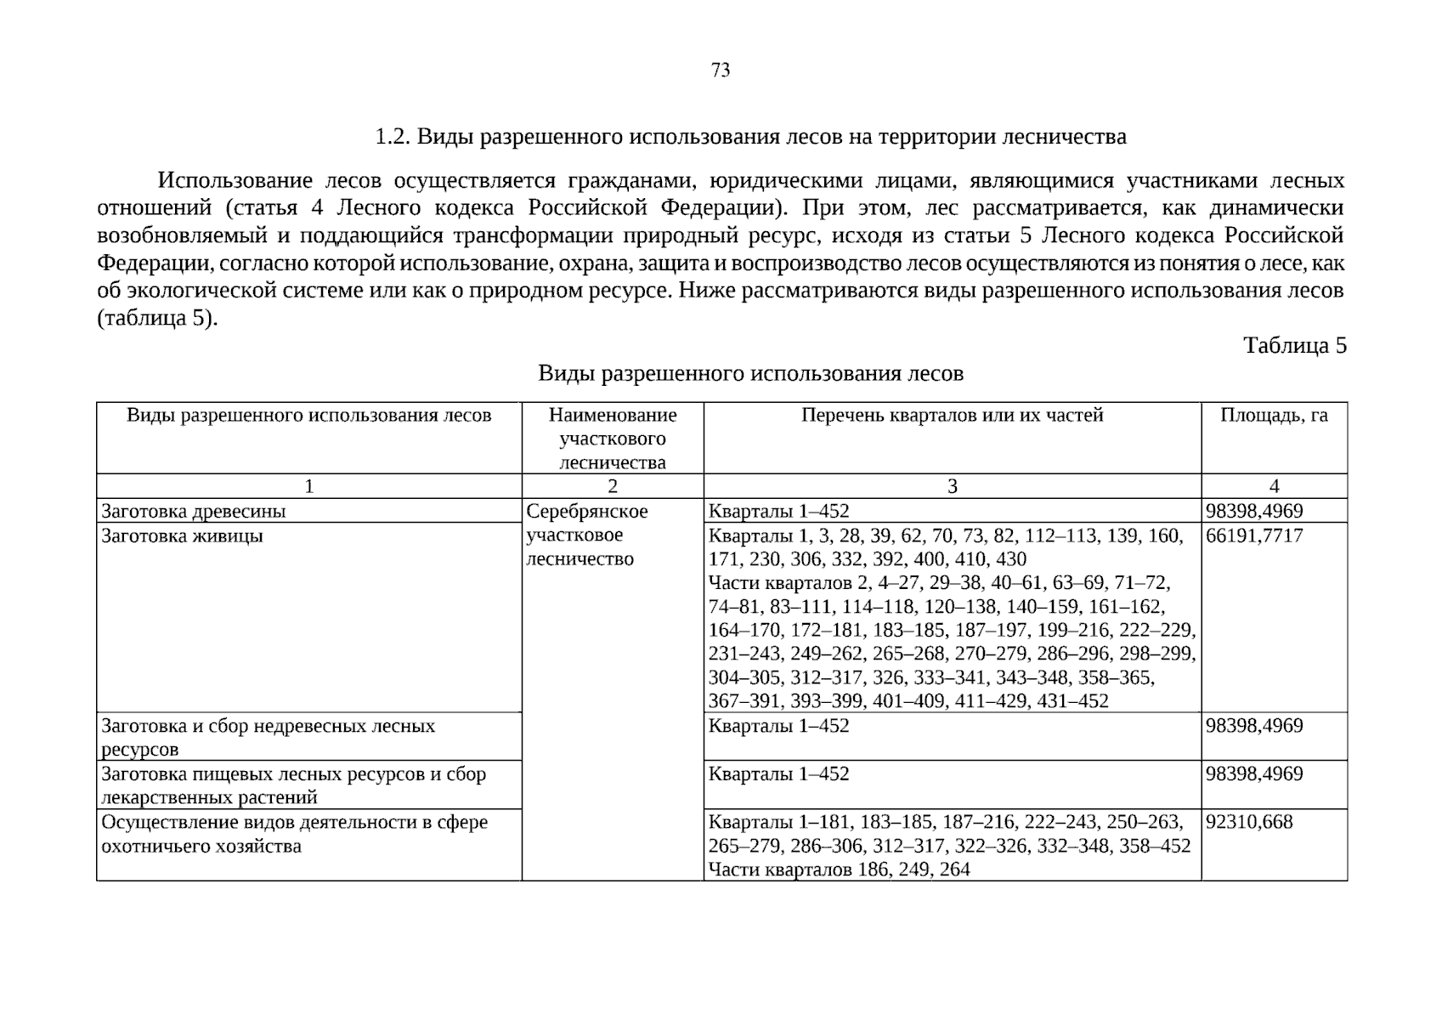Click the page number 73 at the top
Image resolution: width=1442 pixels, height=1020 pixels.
click(720, 71)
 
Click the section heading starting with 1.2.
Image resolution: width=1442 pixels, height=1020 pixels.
click(750, 137)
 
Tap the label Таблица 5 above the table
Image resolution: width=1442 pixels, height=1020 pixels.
click(1294, 346)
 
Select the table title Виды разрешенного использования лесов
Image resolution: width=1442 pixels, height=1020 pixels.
click(750, 374)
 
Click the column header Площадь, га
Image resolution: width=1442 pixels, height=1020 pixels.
click(1273, 416)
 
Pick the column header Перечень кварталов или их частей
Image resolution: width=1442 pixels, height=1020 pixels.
click(952, 416)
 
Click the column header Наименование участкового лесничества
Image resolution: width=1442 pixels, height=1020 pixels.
click(612, 439)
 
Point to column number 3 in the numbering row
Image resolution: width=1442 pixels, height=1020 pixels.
click(952, 486)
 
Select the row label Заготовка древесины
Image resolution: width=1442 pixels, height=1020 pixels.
click(194, 512)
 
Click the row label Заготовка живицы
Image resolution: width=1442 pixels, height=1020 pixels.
click(182, 536)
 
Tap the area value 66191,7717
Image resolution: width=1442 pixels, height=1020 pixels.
click(1253, 536)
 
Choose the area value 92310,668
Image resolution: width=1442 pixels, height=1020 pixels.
click(1248, 823)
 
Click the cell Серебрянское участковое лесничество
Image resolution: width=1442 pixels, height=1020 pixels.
click(586, 535)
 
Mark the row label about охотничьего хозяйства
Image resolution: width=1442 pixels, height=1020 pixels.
click(294, 835)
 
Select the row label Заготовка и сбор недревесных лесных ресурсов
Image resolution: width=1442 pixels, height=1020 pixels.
click(268, 738)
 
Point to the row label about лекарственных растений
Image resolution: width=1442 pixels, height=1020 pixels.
click(293, 786)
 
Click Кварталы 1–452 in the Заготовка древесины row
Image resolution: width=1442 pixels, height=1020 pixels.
click(778, 512)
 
